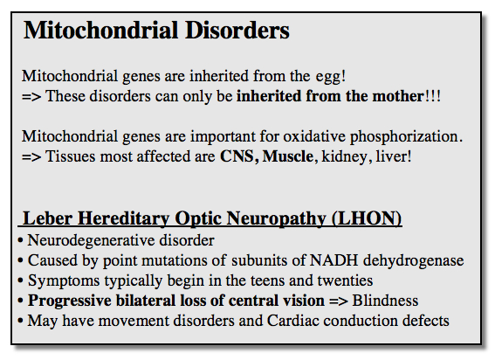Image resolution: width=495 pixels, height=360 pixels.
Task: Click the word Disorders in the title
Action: click(x=237, y=31)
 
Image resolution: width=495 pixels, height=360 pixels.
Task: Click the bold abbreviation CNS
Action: click(x=237, y=156)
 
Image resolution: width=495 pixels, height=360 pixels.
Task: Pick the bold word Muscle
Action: click(x=288, y=156)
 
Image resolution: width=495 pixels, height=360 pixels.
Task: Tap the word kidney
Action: click(x=344, y=157)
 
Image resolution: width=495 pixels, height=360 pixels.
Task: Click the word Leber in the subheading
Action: click(x=47, y=218)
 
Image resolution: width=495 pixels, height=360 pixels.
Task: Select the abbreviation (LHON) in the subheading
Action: click(x=367, y=218)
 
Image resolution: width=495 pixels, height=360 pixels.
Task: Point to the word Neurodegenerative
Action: click(x=91, y=241)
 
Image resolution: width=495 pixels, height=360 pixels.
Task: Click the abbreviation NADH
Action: click(x=334, y=260)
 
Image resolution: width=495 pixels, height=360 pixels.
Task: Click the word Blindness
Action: click(x=385, y=301)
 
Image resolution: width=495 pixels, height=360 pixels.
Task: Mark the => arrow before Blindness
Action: click(x=338, y=301)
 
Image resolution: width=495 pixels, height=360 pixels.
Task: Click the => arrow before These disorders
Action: click(x=31, y=96)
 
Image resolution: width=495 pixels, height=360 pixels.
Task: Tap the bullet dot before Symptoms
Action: click(x=21, y=280)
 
